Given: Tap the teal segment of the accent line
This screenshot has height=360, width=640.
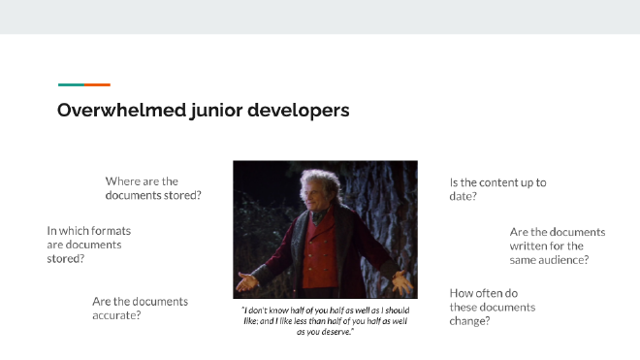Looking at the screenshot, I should (x=71, y=84).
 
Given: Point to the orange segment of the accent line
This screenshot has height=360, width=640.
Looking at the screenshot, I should (x=98, y=84).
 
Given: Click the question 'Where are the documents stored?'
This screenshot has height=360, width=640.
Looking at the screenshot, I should (x=153, y=188).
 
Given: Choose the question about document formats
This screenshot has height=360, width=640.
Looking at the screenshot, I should (x=88, y=245).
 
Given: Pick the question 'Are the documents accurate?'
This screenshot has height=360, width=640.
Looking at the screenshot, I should (x=140, y=308).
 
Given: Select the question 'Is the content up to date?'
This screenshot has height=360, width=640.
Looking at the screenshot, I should (x=497, y=188).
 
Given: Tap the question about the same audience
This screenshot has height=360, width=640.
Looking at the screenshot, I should (x=557, y=245).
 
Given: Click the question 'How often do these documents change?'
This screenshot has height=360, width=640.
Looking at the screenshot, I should (x=492, y=307).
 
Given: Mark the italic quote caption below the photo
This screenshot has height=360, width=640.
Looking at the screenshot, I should (x=325, y=320).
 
